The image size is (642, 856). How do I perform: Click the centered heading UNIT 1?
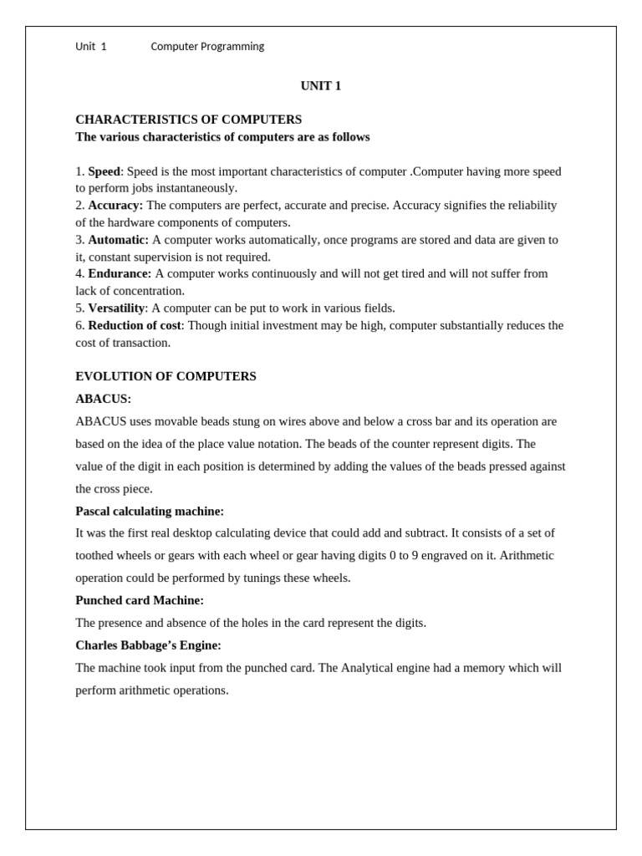coord(321,86)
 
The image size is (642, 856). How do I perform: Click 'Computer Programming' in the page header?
coord(207,47)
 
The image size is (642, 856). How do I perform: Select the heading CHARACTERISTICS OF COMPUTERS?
coord(188,120)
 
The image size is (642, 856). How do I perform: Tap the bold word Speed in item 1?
coord(104,171)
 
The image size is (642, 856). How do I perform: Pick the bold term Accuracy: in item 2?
coord(115,206)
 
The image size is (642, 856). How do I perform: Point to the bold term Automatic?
coord(118,240)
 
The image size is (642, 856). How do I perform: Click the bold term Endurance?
coord(120,273)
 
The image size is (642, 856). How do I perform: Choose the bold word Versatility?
coord(116,308)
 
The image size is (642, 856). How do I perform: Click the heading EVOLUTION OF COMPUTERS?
coord(166,376)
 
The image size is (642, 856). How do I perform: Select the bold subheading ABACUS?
coord(103,399)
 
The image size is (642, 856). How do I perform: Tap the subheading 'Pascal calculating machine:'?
coord(150,511)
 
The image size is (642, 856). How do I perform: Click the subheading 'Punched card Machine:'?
coord(140,600)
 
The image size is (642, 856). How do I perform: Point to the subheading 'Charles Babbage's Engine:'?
coord(148,645)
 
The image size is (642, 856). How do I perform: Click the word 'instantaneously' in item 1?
coord(196,188)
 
